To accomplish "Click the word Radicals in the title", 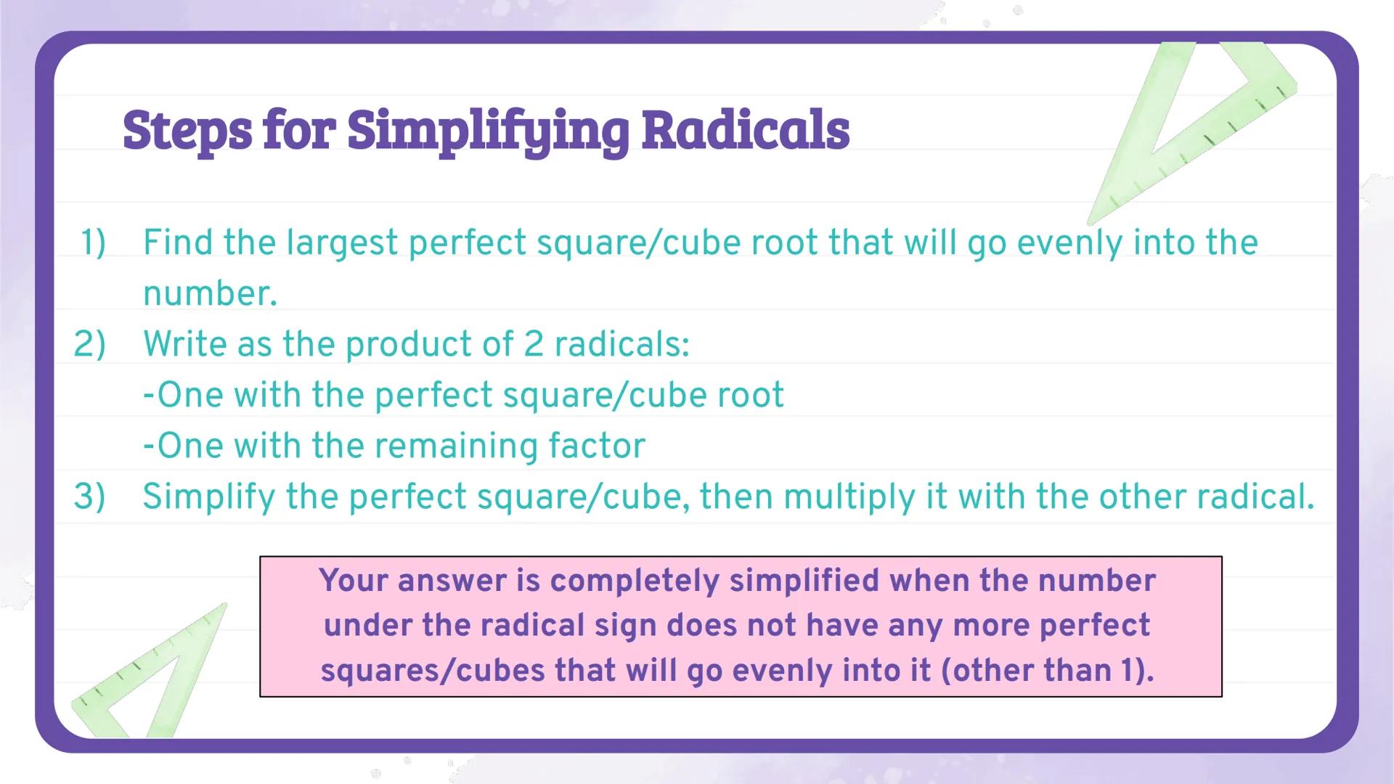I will [x=746, y=131].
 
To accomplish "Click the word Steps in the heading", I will [x=187, y=131].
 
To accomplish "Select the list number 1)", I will [x=92, y=242].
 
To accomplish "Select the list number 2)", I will [x=89, y=344].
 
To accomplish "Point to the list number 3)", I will [x=89, y=497].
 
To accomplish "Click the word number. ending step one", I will [x=210, y=294].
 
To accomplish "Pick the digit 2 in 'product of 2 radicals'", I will [x=533, y=344].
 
